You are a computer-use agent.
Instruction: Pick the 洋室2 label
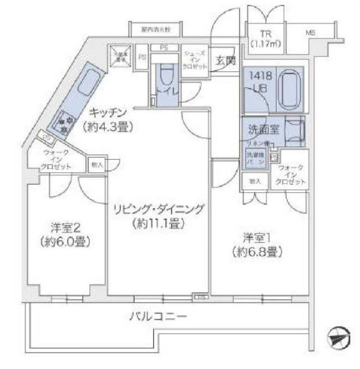[x=65, y=228]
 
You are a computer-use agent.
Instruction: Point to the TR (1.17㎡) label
[x=265, y=39]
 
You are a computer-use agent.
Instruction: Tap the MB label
[x=311, y=33]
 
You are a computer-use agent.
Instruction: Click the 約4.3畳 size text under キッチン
[x=108, y=126]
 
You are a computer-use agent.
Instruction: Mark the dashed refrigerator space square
[x=120, y=55]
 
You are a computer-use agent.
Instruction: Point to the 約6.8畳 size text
[x=258, y=251]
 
